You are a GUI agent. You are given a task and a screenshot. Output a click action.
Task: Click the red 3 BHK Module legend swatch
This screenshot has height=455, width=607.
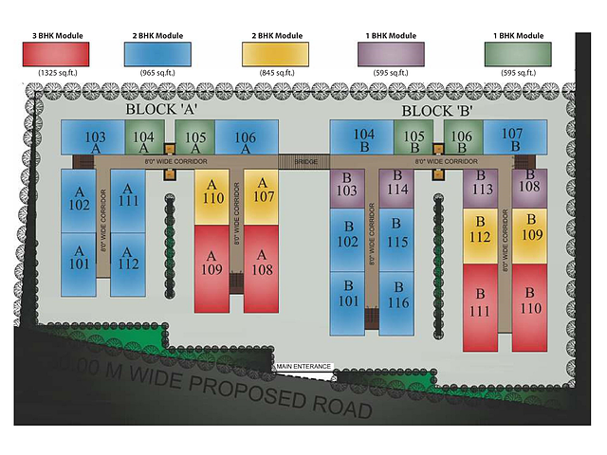click(x=57, y=53)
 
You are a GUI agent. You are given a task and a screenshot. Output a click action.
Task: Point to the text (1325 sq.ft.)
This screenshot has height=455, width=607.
click(x=57, y=72)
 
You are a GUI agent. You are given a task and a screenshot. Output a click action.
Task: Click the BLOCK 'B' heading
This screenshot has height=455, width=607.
click(x=437, y=110)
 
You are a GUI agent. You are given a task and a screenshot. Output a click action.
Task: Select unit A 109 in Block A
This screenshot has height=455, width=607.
click(x=212, y=268)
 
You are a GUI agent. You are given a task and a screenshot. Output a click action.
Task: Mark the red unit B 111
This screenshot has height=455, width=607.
click(x=480, y=307)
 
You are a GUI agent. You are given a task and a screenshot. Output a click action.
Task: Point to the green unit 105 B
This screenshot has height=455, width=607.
click(x=414, y=138)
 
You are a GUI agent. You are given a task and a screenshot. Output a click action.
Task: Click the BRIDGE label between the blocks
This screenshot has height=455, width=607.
click(x=305, y=161)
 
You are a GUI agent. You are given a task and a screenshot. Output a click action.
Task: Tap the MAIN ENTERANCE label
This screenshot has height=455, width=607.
click(x=303, y=366)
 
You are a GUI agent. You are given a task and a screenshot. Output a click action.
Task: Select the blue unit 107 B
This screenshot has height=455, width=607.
click(x=512, y=138)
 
